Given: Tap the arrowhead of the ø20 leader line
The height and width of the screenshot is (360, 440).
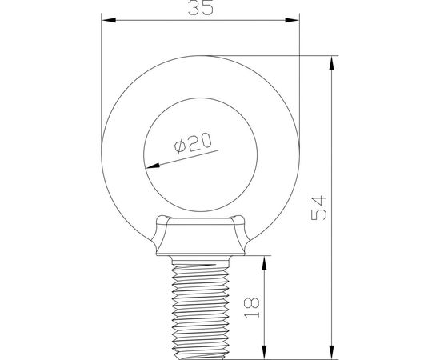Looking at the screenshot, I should click(150, 166).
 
